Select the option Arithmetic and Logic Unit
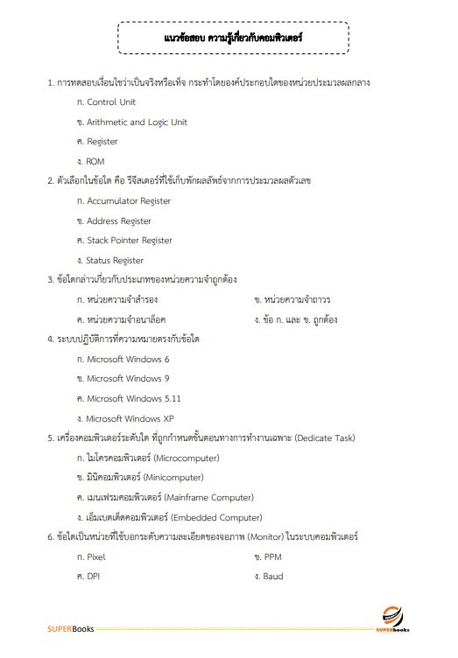pos(137,122)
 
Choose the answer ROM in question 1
pos(95,161)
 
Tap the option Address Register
pos(119,220)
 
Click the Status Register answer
pos(115,260)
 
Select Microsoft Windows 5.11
pos(132,398)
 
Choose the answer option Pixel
pos(95,556)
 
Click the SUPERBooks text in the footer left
pos(71,628)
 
